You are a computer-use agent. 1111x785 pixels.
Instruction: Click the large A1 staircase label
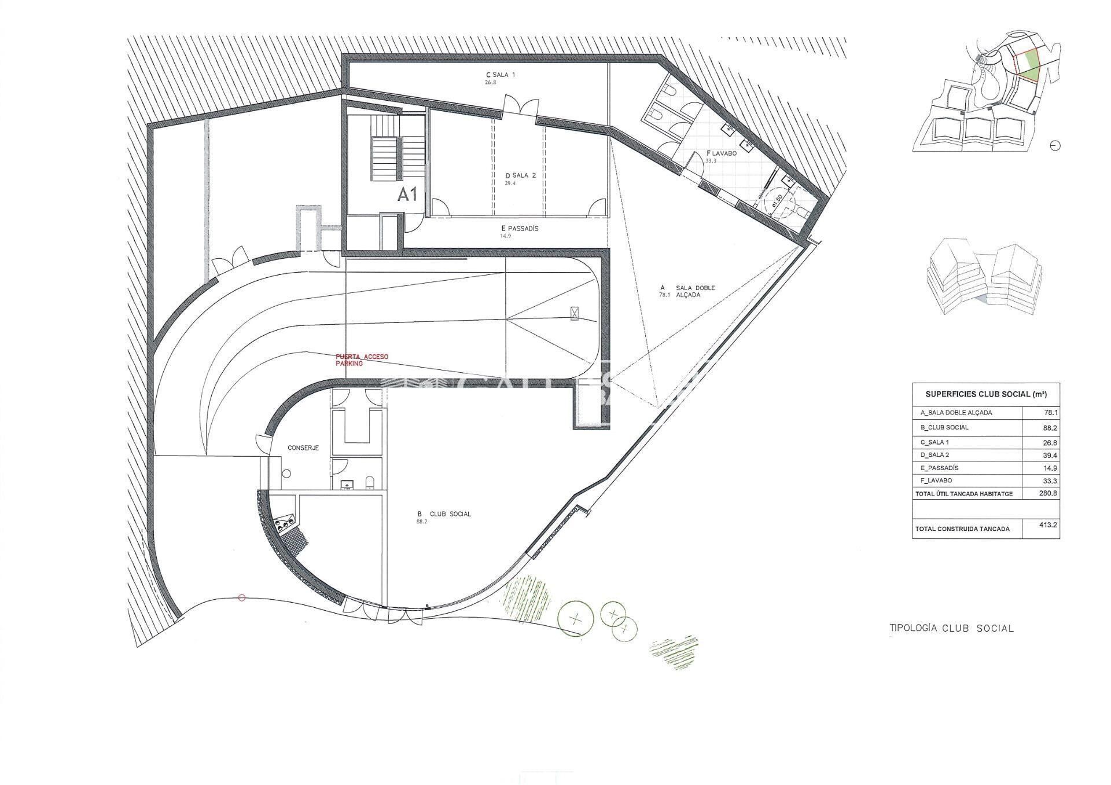click(x=407, y=195)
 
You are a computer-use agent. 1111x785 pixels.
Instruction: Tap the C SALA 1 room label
click(x=501, y=75)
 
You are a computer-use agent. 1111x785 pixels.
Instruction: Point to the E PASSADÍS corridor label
click(x=520, y=229)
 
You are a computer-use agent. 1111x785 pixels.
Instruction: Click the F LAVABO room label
click(x=720, y=154)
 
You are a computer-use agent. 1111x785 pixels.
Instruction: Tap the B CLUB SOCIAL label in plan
click(x=444, y=513)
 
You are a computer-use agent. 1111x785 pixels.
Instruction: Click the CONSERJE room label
click(x=303, y=447)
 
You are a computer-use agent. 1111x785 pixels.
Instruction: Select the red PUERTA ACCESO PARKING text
click(x=362, y=360)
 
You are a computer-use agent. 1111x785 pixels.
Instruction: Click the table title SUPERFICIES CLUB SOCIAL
click(x=985, y=394)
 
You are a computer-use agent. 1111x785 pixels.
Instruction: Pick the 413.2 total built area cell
click(x=1048, y=526)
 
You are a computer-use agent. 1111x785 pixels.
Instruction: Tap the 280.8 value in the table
click(x=1048, y=494)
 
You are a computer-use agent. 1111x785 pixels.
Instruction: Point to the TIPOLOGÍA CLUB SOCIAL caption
click(x=951, y=628)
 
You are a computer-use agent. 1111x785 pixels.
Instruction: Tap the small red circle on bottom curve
click(x=242, y=597)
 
